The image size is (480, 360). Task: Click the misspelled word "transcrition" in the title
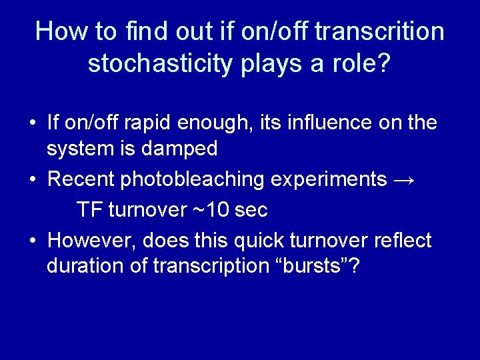click(378, 31)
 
